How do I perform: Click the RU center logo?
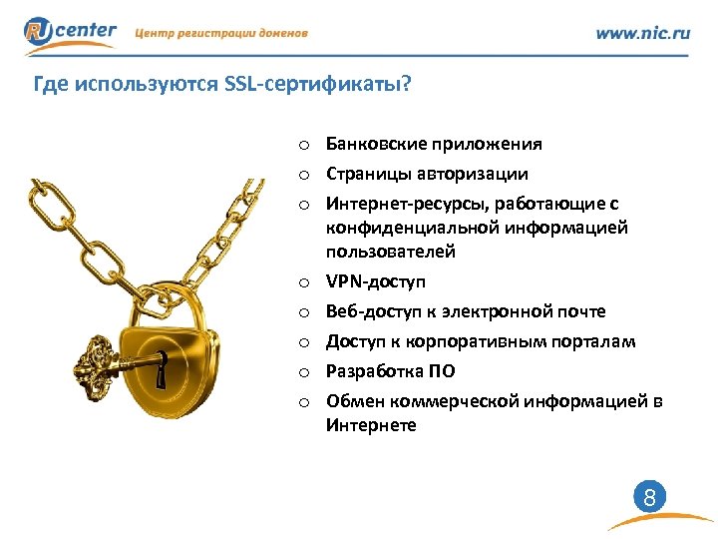(70, 33)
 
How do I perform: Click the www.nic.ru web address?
(642, 33)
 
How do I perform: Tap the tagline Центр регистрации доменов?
(220, 33)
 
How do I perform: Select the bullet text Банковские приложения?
(434, 144)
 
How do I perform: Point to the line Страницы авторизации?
(427, 174)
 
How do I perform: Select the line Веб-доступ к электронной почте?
(465, 311)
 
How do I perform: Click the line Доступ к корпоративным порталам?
(481, 341)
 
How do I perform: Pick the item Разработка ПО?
(391, 371)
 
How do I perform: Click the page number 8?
(648, 496)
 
